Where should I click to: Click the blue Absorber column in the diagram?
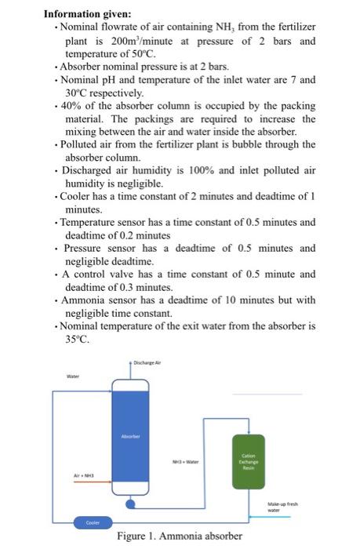pos(131,439)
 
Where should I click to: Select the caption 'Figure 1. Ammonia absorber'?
pos(180,536)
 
